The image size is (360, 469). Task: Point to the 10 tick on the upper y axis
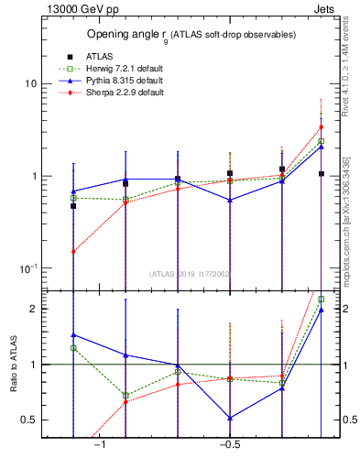(30, 83)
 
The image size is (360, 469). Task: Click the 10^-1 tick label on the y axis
(27, 268)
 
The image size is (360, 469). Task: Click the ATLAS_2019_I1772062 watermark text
(191, 273)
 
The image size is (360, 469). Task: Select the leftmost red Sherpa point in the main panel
(73, 250)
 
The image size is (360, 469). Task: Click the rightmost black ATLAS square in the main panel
(322, 173)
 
